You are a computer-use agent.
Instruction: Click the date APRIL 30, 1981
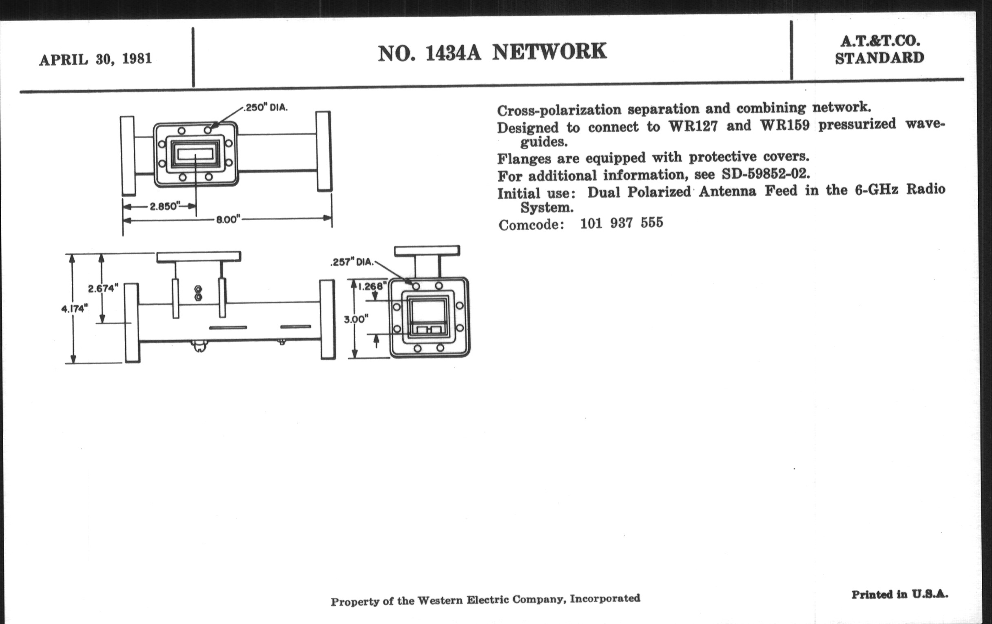[95, 59]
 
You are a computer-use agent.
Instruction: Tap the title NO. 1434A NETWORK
[492, 53]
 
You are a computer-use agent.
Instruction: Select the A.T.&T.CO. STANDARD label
[879, 50]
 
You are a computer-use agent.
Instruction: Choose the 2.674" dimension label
[103, 288]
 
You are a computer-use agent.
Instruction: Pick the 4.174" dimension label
[74, 308]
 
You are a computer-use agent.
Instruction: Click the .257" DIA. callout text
[352, 262]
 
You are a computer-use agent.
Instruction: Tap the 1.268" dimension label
[372, 286]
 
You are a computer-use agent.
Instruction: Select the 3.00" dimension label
[356, 319]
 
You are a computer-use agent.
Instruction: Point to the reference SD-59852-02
[766, 174]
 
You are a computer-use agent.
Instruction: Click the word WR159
[784, 125]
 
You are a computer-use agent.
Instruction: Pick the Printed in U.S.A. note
[900, 595]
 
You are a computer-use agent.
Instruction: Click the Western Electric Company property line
[485, 600]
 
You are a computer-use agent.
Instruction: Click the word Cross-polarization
[559, 110]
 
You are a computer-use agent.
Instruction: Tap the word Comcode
[531, 225]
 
